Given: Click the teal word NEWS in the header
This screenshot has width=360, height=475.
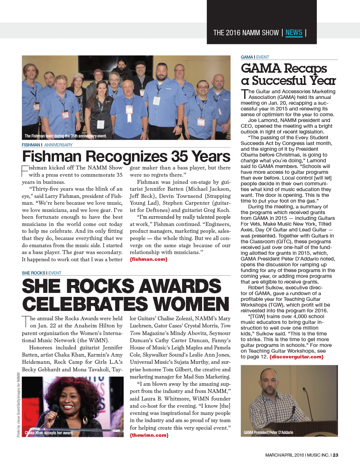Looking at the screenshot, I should (x=293, y=33).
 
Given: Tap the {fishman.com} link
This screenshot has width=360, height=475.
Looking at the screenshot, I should (x=149, y=259).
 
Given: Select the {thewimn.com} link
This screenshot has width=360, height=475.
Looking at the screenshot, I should (x=149, y=435).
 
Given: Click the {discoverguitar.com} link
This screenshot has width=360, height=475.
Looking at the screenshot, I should (x=296, y=357).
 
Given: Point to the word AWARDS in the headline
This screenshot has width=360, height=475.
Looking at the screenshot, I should (x=180, y=286).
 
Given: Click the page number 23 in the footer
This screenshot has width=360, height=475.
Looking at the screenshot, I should (x=335, y=455).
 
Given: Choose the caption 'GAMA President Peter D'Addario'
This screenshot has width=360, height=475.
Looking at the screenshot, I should (x=268, y=433).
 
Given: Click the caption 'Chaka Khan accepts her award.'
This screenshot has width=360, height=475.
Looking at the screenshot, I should (x=49, y=433).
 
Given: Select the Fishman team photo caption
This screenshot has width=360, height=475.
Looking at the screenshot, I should (x=65, y=136).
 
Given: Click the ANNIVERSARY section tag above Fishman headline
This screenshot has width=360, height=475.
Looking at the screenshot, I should (x=58, y=145).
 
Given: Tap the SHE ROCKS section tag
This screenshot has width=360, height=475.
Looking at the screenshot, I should (x=33, y=273).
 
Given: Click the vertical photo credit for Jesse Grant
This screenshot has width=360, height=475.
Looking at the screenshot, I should (x=18, y=405).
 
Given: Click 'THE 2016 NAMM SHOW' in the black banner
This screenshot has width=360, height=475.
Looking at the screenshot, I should (x=246, y=33).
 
